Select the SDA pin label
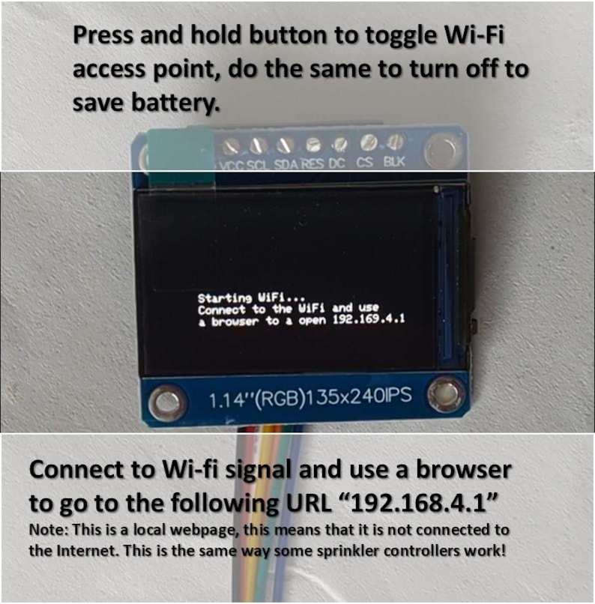click(x=286, y=165)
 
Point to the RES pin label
click(x=312, y=164)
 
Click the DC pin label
click(x=337, y=163)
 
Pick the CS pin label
click(x=364, y=163)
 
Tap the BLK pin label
click(x=394, y=162)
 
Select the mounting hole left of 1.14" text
click(x=167, y=403)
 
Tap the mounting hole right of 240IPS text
click(x=447, y=396)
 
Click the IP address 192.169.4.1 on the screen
click(x=369, y=319)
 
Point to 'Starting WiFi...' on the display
click(x=251, y=298)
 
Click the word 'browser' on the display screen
click(x=235, y=321)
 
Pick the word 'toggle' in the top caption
click(x=399, y=36)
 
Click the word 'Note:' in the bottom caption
click(x=49, y=530)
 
